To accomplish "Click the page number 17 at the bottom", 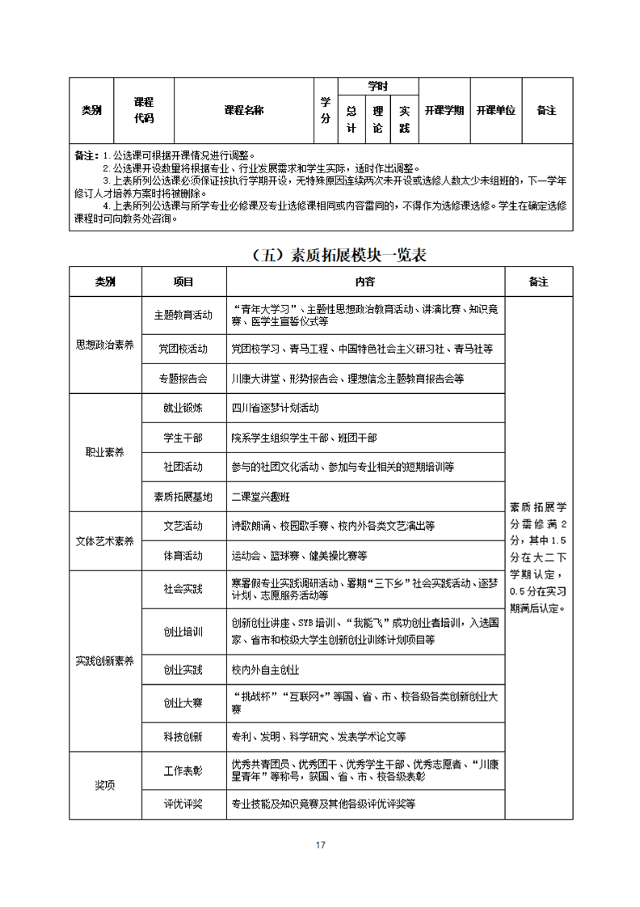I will point(320,845).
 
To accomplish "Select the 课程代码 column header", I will point(143,110).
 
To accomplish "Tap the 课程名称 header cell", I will point(243,110).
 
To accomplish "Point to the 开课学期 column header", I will point(444,110).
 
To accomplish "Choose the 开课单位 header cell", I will point(495,110).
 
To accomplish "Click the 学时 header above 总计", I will point(377,86).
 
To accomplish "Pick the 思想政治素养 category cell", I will point(105,344).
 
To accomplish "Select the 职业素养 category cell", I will point(105,452).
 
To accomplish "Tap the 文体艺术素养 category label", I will point(105,540).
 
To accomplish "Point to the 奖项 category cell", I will point(105,785).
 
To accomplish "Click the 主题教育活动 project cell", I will point(183,315).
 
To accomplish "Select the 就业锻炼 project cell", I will point(183,408).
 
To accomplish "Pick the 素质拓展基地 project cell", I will point(183,496).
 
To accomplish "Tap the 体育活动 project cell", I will point(183,556).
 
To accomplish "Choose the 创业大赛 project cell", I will point(183,702).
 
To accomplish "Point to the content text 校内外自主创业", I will point(265,670).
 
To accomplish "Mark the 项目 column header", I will point(183,282).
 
